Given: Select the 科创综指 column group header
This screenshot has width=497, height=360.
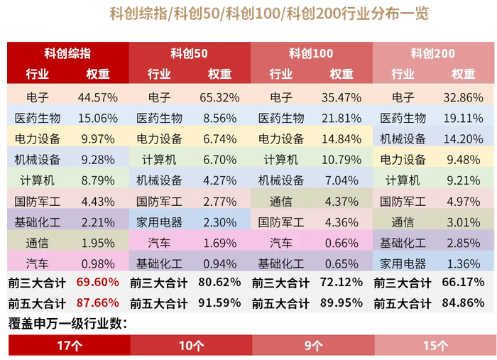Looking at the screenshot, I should [67, 53].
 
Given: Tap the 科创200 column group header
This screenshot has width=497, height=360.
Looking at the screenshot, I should [432, 53].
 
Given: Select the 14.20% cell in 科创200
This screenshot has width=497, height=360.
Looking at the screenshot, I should [463, 138].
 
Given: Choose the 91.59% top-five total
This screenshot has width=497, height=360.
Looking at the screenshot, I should [219, 303].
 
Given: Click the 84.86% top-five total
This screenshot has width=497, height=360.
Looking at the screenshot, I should [463, 303].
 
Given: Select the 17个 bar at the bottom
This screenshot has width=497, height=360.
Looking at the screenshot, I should [68, 346].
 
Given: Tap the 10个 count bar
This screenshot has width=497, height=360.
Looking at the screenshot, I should [190, 346].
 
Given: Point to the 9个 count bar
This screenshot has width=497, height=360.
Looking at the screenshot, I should [312, 346].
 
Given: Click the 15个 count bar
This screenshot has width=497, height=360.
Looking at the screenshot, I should [434, 346].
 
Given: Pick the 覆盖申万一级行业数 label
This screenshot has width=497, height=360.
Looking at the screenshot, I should [68, 324].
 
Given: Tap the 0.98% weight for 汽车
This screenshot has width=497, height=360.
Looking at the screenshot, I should [97, 263].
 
